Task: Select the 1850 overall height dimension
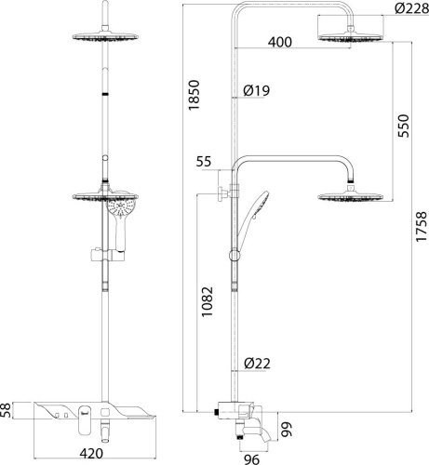[x=194, y=96]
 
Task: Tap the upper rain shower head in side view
[x=353, y=37]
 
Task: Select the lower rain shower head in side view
[x=353, y=196]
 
